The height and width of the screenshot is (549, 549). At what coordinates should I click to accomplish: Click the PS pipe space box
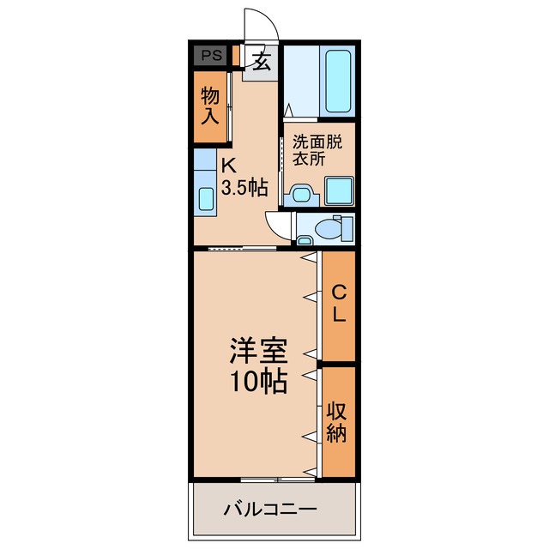point(210,56)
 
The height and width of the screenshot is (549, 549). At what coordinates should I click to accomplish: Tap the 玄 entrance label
point(261,62)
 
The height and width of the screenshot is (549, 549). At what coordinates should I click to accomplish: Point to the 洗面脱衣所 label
point(318,149)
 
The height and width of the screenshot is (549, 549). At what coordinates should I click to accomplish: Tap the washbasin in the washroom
point(301,194)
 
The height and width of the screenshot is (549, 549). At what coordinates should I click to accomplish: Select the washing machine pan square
point(339,190)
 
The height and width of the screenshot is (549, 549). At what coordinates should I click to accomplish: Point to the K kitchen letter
point(229,166)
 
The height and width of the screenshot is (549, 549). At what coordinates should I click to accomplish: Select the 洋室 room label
point(257,351)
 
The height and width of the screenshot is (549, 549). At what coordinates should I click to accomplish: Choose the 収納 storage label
point(338,421)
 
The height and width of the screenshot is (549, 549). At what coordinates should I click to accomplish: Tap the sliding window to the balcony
point(274,479)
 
